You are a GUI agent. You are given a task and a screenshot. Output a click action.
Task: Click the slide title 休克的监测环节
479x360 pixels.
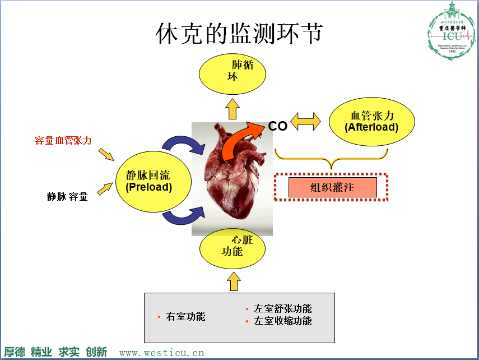click(x=239, y=34)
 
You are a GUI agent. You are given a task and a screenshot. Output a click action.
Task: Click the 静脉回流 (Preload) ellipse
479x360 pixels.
click(x=148, y=181)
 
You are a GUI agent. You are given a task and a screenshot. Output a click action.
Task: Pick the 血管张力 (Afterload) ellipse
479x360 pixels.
click(x=371, y=121)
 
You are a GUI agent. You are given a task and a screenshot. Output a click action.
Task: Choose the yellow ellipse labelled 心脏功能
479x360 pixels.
click(x=232, y=247)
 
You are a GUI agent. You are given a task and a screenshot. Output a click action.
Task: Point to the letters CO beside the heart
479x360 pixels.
click(x=277, y=126)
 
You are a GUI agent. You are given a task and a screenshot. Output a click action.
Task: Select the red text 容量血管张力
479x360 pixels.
click(x=63, y=140)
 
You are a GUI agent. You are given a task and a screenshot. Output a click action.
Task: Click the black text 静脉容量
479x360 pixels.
click(x=67, y=196)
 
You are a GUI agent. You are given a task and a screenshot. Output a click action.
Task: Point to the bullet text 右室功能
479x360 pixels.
click(x=185, y=317)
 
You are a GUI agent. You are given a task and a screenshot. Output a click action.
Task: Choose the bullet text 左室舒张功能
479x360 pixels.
click(x=282, y=309)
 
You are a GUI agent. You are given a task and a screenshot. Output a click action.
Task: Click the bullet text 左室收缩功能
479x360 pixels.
click(x=282, y=321)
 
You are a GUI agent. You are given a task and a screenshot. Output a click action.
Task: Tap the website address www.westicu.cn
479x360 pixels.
click(x=162, y=353)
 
